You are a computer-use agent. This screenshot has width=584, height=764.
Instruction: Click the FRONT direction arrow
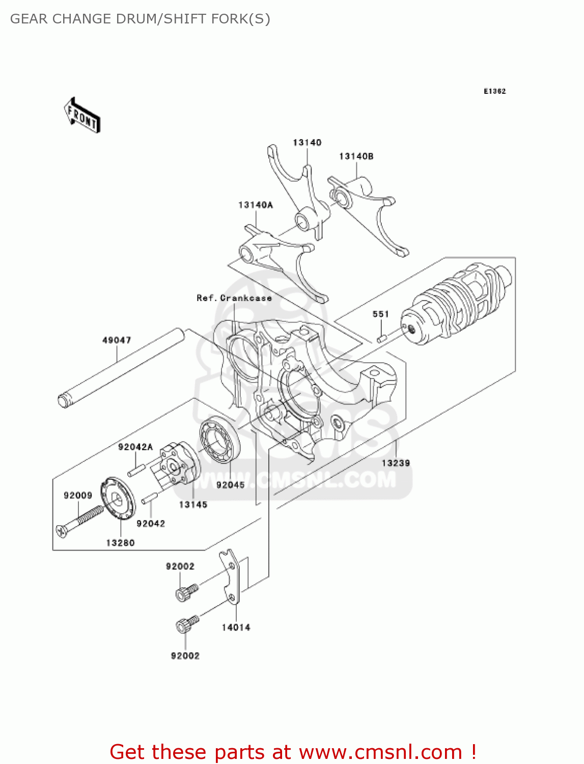point(82,116)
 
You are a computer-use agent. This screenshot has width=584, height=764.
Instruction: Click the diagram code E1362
point(494,91)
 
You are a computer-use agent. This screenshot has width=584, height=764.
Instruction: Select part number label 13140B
point(356,156)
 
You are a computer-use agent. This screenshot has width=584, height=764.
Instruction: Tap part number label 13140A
point(256,205)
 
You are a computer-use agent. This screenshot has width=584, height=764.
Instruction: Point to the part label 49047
point(117,340)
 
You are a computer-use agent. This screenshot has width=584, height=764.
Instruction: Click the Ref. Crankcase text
point(234,298)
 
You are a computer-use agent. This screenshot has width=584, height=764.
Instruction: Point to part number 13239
point(396,463)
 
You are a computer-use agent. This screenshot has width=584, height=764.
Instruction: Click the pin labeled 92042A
point(136,470)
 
